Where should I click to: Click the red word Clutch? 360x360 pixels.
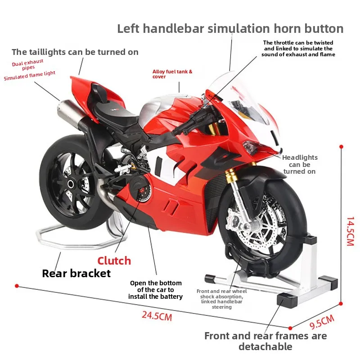click(114, 261)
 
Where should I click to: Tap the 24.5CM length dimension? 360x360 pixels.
click(157, 316)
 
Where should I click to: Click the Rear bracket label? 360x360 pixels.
click(76, 273)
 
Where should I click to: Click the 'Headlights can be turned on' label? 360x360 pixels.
click(300, 164)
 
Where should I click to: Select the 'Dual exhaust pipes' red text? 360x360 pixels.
click(30, 65)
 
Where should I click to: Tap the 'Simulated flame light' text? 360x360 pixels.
click(30, 76)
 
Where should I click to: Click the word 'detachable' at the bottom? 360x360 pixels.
click(265, 346)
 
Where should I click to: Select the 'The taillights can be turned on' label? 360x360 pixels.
click(75, 52)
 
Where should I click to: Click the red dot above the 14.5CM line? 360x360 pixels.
click(341, 147)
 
